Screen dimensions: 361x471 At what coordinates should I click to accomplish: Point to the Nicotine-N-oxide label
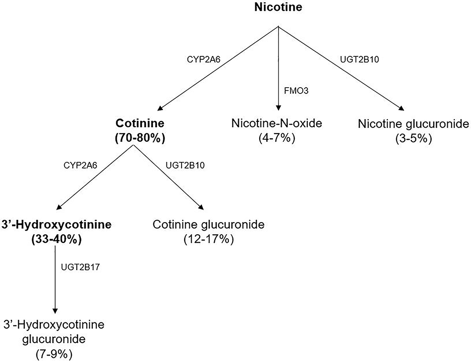pyautogui.click(x=278, y=124)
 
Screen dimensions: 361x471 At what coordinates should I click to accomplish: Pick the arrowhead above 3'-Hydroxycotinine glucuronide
pyautogui.click(x=56, y=310)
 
